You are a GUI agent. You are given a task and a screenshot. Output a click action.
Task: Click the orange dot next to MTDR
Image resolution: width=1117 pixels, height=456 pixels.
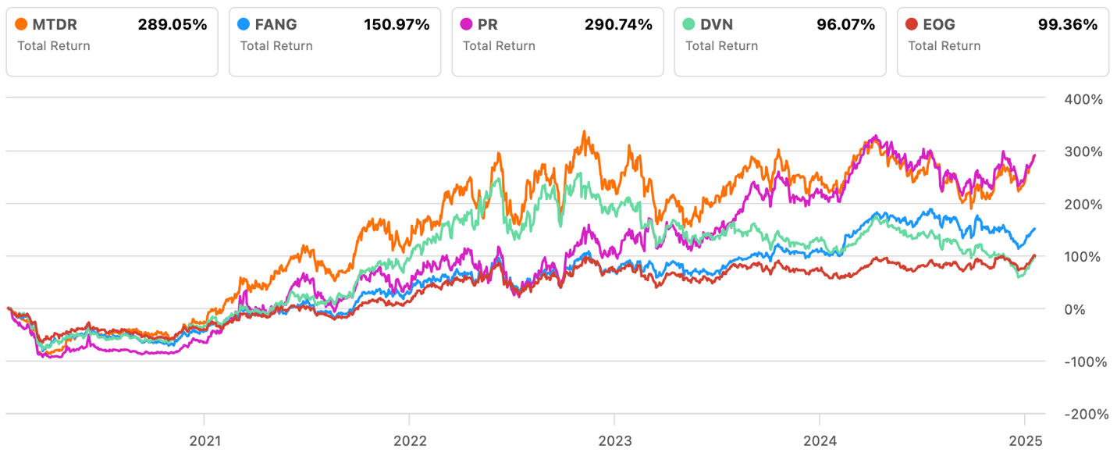(22, 25)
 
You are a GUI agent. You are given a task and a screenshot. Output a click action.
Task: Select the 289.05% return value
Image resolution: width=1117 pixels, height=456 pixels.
(173, 25)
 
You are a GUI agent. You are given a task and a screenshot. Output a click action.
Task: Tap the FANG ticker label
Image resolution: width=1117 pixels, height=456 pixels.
(276, 25)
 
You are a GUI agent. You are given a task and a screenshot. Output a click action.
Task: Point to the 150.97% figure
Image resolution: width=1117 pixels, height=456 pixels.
(397, 25)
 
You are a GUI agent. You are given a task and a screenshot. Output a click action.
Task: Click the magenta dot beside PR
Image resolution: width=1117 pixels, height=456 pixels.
(468, 25)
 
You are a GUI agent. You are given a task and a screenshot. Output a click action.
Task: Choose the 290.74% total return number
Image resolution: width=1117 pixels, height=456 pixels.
(618, 25)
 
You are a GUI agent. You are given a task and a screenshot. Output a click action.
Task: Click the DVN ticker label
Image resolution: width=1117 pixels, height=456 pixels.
(717, 25)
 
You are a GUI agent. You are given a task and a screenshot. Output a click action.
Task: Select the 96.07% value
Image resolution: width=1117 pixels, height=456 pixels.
(847, 25)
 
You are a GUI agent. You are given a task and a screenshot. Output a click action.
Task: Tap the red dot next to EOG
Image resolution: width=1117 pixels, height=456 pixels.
(913, 25)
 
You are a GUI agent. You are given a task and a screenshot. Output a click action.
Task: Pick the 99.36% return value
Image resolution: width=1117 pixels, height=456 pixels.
(1069, 25)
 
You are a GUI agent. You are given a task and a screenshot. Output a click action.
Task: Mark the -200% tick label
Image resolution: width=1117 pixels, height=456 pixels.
(1083, 414)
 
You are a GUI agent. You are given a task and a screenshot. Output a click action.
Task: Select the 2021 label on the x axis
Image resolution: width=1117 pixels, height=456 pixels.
(205, 441)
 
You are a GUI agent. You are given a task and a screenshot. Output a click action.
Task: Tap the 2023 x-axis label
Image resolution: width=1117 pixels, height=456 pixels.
(614, 441)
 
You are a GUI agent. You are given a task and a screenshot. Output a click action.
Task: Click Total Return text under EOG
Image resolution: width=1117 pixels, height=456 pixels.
(944, 46)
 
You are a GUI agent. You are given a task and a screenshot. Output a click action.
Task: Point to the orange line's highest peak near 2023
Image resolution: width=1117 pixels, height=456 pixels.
(585, 133)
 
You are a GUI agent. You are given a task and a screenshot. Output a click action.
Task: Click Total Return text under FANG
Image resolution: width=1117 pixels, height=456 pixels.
(276, 46)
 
